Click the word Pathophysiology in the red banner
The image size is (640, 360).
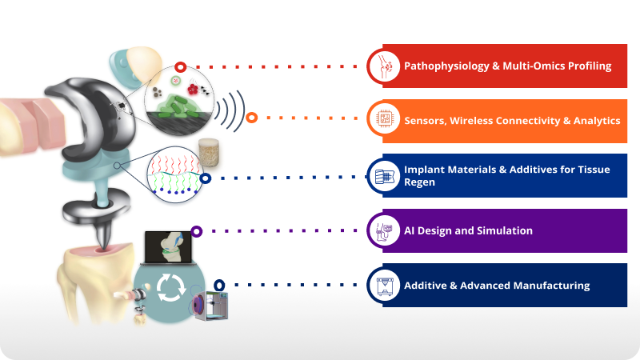[446, 66]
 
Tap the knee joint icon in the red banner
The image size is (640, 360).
[385, 66]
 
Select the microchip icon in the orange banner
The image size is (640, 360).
[385, 118]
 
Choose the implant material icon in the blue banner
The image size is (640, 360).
[384, 176]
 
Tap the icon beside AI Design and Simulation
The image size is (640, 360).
[384, 231]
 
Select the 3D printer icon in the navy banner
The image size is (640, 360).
[385, 286]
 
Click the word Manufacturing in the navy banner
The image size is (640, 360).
[551, 286]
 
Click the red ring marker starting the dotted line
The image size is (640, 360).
[181, 67]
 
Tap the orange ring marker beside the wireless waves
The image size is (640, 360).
[252, 118]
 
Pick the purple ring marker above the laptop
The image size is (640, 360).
[196, 231]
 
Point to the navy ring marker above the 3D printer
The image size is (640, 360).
[219, 285]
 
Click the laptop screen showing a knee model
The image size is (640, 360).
[168, 247]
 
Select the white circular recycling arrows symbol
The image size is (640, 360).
[171, 288]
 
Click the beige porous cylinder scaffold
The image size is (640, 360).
[209, 153]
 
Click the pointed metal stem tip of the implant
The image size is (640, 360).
[104, 238]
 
